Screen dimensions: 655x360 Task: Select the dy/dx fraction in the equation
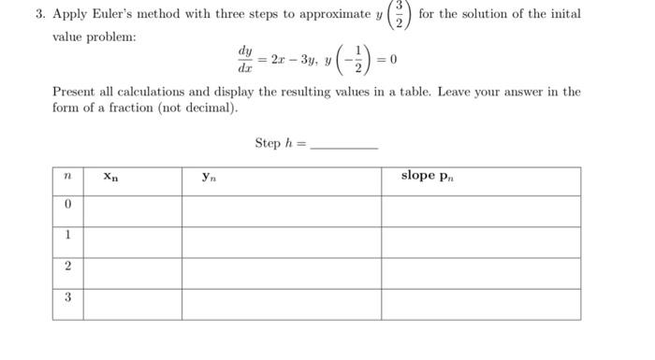tap(245, 61)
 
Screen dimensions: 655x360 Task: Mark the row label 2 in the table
tap(67, 267)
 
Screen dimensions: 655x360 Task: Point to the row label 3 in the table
tap(67, 298)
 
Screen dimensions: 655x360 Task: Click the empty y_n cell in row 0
tap(281, 210)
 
